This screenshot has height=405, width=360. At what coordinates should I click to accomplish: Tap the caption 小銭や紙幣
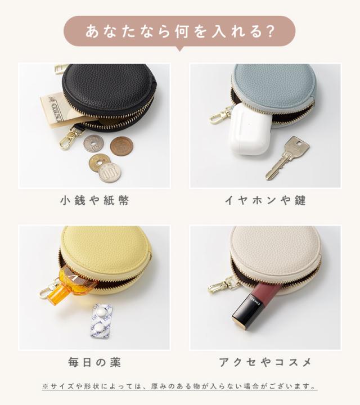(94, 200)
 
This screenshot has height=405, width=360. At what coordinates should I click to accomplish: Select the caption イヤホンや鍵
(265, 200)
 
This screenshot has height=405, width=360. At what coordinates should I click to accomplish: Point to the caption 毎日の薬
(94, 361)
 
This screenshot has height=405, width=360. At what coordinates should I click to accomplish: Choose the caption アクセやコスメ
(265, 361)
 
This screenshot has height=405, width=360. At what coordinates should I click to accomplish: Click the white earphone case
(249, 129)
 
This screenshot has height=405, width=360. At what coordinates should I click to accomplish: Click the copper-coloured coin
(121, 146)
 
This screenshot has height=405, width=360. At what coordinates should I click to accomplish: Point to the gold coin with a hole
(99, 161)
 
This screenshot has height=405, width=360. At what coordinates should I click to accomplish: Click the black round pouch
(110, 90)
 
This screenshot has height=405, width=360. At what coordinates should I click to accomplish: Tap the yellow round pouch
(107, 247)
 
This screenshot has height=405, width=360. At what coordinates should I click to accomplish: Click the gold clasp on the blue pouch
(220, 116)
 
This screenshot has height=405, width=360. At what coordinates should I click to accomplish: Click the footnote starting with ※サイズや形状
(179, 387)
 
